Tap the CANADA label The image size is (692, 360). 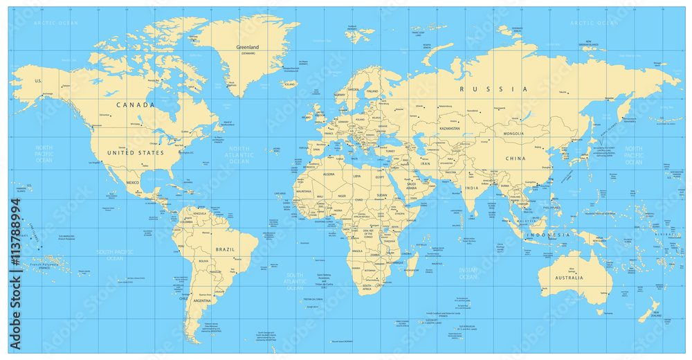(x=135, y=105)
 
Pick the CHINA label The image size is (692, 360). (x=515, y=159)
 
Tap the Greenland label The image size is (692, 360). (x=247, y=47)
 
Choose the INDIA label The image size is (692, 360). (x=471, y=188)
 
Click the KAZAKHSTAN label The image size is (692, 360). (x=450, y=129)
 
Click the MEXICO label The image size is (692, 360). (x=132, y=183)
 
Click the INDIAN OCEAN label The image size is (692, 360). (x=468, y=273)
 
